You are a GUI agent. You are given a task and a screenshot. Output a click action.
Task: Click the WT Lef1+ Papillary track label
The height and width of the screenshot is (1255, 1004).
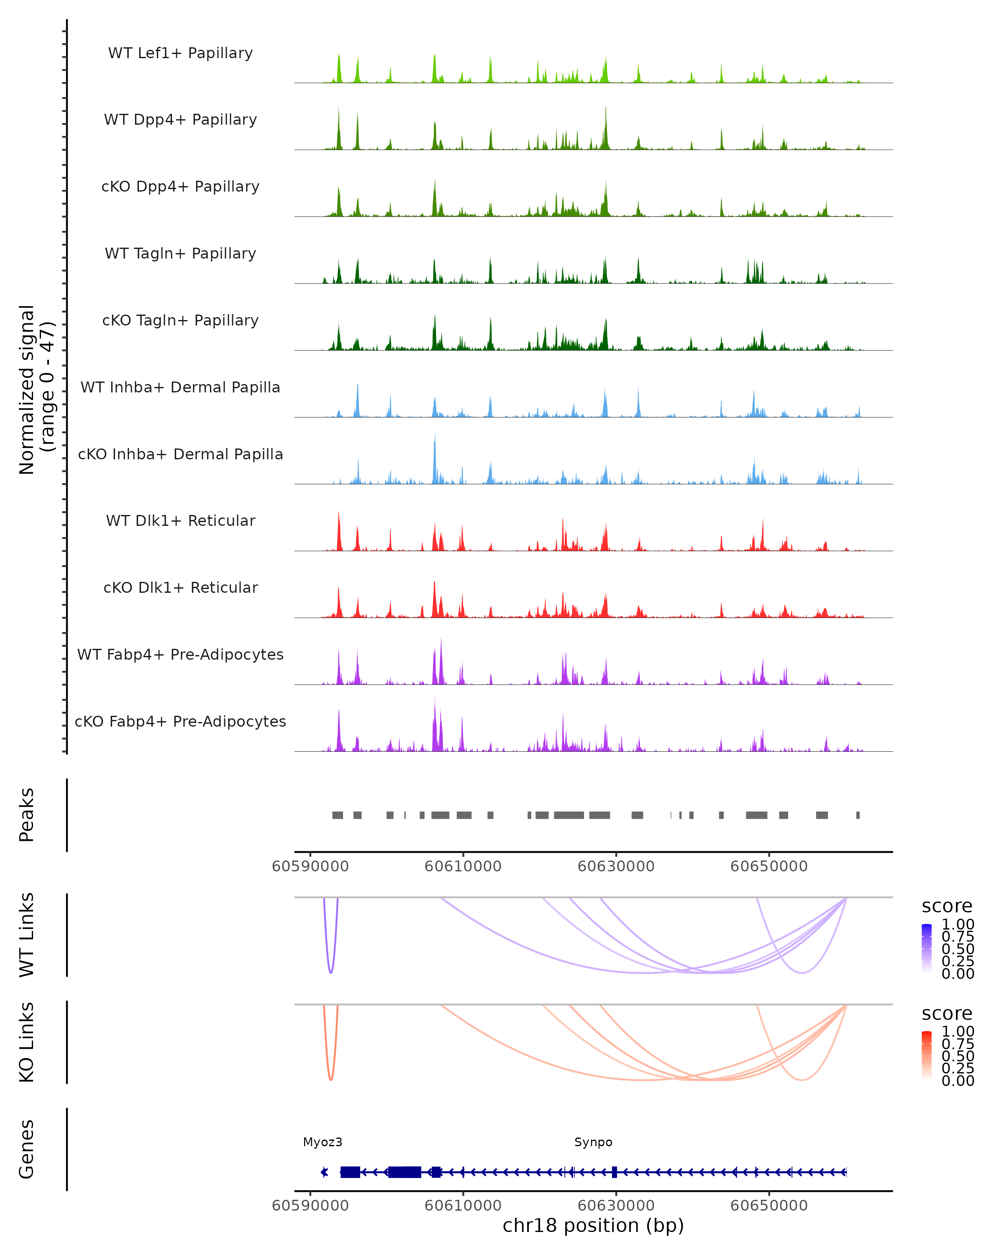coord(180,53)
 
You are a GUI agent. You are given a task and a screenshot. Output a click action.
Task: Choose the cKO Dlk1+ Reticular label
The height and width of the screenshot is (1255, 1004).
coord(180,587)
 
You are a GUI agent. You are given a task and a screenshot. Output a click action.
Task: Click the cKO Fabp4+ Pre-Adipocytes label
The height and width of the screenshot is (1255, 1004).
coord(180,721)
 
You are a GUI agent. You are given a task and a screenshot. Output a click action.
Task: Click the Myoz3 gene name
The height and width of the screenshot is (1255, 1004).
coord(323,1142)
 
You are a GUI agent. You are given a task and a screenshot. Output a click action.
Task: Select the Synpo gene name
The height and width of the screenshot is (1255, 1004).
coord(593,1142)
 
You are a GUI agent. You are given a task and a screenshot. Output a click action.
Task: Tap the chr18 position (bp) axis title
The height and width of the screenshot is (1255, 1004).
coord(593,1225)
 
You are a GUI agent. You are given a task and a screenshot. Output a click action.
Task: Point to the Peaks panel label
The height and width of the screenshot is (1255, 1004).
coord(27,815)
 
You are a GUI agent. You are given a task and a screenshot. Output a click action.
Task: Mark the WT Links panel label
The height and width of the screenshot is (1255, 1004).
coord(27,935)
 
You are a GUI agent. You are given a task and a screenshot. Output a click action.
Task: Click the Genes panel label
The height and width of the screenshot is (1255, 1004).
coord(27,1149)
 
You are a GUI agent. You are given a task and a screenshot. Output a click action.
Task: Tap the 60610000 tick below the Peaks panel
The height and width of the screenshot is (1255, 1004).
coord(463,866)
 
